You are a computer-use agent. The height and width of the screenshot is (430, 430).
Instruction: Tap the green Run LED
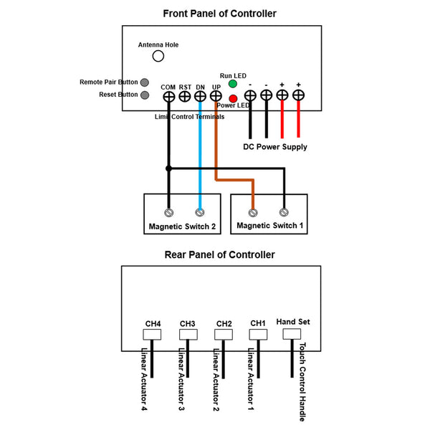[233, 84]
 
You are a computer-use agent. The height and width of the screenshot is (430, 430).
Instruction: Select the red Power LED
[233, 99]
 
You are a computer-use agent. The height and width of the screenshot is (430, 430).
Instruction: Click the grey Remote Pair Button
[145, 82]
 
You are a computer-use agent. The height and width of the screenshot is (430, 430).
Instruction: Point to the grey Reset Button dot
[145, 95]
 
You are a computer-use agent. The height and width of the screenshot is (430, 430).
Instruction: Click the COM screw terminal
[169, 97]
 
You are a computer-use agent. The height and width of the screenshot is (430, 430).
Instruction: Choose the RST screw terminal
[185, 97]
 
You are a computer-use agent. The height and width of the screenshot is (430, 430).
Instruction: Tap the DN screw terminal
[200, 97]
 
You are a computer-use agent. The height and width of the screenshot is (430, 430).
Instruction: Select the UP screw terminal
[216, 96]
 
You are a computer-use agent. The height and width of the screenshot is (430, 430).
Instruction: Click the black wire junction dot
[168, 168]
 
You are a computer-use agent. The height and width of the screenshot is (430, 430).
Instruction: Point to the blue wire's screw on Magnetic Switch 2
[200, 212]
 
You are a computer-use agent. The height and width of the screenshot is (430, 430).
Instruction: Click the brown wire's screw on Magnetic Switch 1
[253, 213]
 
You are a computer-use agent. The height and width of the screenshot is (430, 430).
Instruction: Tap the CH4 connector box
[152, 334]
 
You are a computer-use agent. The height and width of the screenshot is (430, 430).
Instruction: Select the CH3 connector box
[188, 334]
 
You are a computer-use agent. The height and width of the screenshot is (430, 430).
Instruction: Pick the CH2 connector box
[224, 334]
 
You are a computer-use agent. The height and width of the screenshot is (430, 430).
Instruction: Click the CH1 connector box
[258, 334]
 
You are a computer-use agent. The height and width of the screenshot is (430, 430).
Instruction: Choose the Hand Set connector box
[292, 334]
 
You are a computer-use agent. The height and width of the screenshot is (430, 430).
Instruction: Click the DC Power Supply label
[275, 147]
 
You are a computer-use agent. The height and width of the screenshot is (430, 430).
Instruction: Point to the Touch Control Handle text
[302, 382]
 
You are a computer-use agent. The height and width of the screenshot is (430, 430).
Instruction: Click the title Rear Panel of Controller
[220, 254]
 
